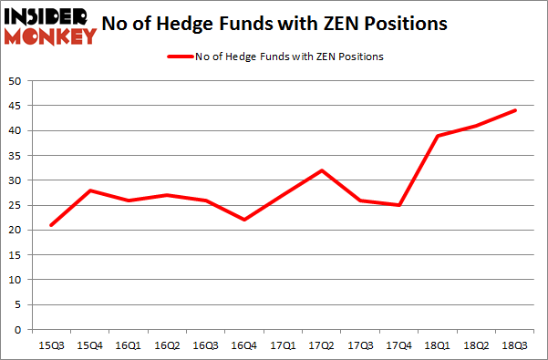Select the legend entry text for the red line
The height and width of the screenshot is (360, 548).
point(288,57)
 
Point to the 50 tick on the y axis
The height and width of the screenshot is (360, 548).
point(16,81)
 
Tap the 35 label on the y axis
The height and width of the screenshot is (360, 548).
point(16,156)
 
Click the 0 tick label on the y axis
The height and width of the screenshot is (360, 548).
point(19,330)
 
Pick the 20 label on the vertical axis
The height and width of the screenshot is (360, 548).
point(16,231)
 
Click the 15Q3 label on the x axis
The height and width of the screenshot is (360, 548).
point(50,346)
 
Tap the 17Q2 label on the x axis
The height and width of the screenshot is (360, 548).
point(321,346)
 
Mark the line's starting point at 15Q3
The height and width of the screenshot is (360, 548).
point(51,225)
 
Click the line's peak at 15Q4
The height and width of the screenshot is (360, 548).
point(89,190)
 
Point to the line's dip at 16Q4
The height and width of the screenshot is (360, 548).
point(244,220)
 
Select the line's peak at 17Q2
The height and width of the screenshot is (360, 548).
point(321,170)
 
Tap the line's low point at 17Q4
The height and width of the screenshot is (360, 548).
point(398,205)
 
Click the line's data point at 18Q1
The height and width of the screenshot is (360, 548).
point(438,136)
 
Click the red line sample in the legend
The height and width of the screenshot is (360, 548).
point(179,57)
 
